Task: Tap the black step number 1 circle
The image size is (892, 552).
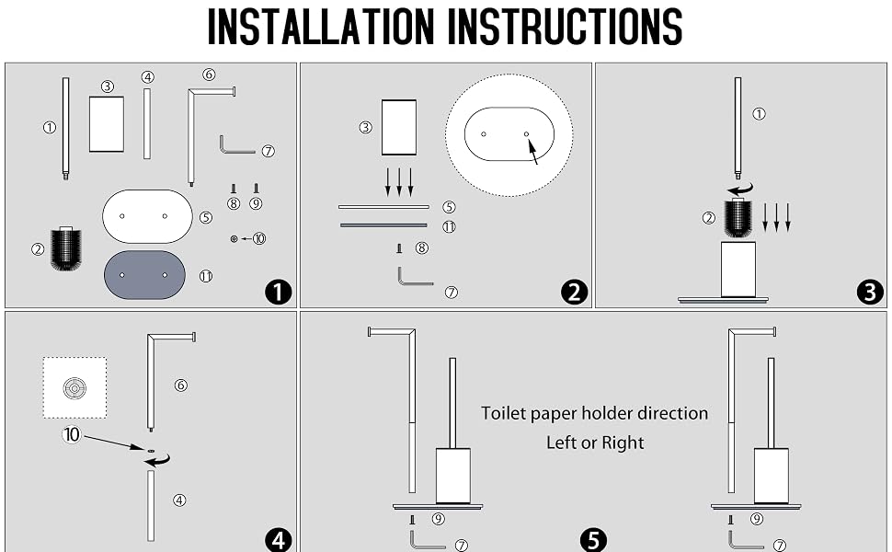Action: click(279, 292)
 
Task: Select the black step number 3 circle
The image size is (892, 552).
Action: click(870, 292)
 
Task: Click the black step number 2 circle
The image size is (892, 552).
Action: click(574, 292)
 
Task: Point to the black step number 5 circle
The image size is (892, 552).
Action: click(593, 539)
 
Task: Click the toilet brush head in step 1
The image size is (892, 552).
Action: click(66, 248)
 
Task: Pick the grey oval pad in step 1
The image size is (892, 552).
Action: click(144, 275)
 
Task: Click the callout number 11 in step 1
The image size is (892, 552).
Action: click(205, 276)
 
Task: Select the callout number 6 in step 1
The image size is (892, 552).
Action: click(209, 75)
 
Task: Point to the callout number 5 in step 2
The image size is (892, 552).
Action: click(449, 207)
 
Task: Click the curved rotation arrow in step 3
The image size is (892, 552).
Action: click(740, 190)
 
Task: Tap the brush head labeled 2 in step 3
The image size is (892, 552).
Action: click(738, 217)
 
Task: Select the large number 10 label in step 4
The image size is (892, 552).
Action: click(72, 435)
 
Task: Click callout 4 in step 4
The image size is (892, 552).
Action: click(179, 500)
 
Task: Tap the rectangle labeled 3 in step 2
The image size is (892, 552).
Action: click(399, 128)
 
